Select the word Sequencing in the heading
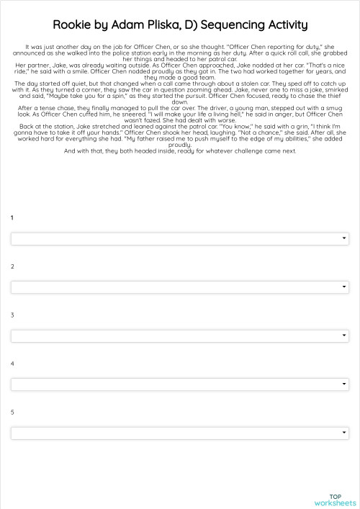233,25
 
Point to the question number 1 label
12,217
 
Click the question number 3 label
12,315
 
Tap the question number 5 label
12,412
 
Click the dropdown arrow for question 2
344,287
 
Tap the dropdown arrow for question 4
344,384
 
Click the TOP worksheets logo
335,500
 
